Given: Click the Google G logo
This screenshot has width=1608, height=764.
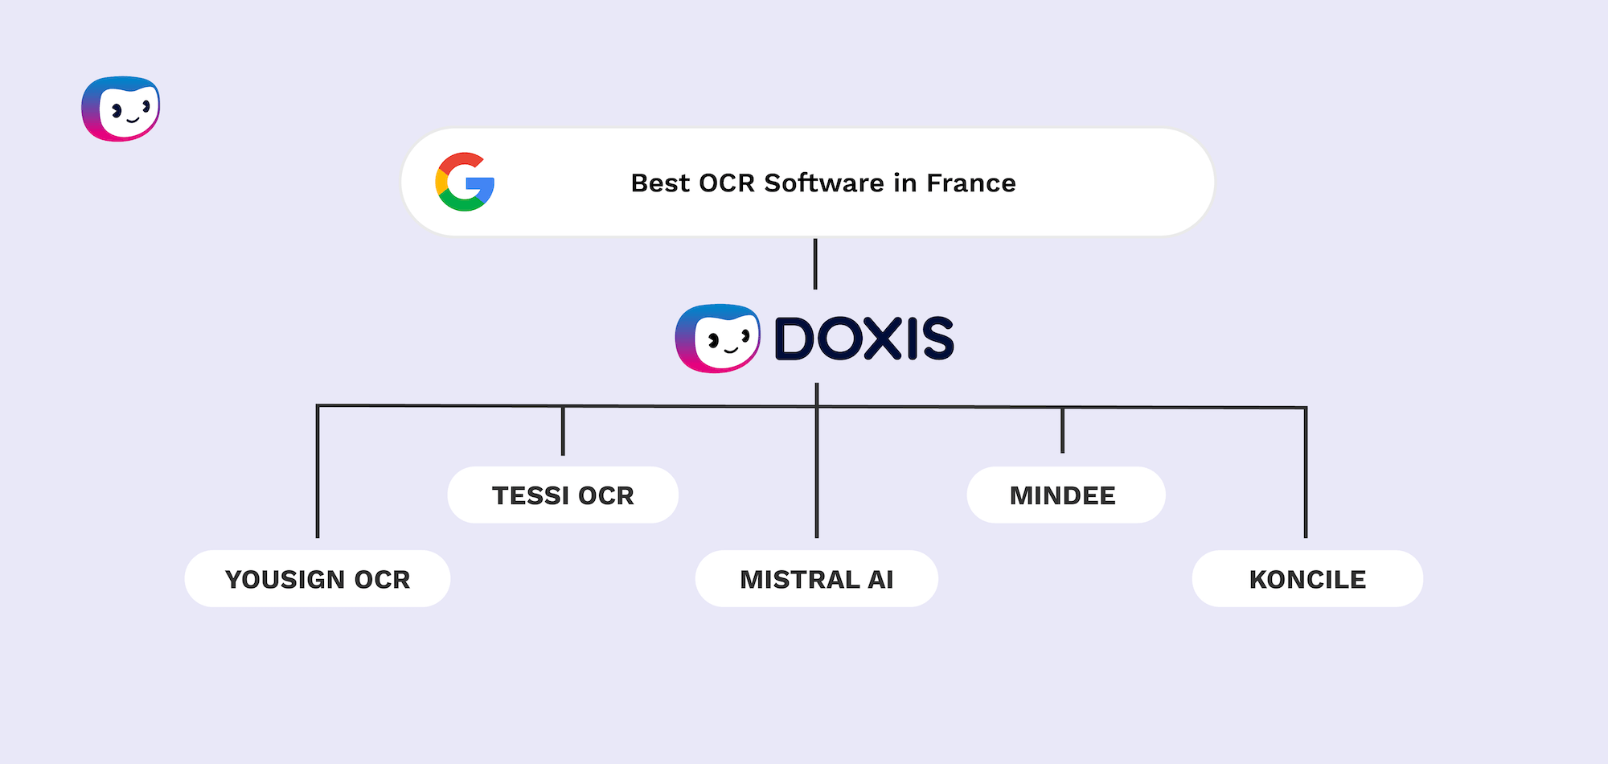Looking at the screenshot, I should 465,182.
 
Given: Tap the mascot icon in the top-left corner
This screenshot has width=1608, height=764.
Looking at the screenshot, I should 121,109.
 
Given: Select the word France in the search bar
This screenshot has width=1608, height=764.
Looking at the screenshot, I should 971,183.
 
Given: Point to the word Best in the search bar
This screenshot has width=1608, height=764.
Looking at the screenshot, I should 660,183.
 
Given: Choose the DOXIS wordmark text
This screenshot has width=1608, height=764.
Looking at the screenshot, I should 864,339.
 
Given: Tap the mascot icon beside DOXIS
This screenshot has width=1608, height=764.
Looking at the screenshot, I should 717,339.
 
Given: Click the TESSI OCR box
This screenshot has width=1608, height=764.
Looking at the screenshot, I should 563,495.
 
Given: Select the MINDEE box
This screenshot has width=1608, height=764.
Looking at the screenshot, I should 1065,495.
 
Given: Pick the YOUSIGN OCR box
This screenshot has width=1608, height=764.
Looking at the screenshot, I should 318,579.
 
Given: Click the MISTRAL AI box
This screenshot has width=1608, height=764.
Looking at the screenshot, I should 816,579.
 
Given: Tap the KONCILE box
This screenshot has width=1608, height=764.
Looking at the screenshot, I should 1307,579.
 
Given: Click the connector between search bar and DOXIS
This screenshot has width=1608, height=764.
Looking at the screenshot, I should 815,264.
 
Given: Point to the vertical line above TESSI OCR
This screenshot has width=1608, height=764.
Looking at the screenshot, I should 563,431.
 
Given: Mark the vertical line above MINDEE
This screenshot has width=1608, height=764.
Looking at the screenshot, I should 1062,430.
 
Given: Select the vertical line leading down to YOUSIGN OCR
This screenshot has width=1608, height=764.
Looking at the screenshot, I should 318,474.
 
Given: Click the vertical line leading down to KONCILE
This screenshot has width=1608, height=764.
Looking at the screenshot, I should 1306,474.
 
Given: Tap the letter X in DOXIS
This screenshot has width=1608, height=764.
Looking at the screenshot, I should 883,339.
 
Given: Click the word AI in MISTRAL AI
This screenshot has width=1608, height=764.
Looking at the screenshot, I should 880,579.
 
